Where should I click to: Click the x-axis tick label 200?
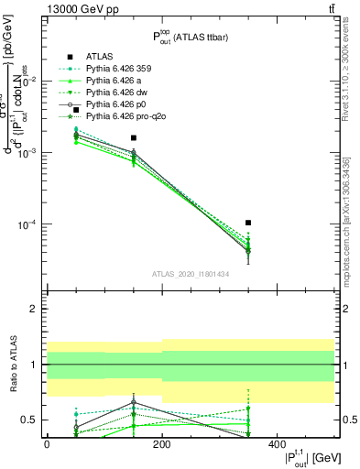pos(162,444)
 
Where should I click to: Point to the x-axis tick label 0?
pos(47,444)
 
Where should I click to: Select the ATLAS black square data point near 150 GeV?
pos(134,137)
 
